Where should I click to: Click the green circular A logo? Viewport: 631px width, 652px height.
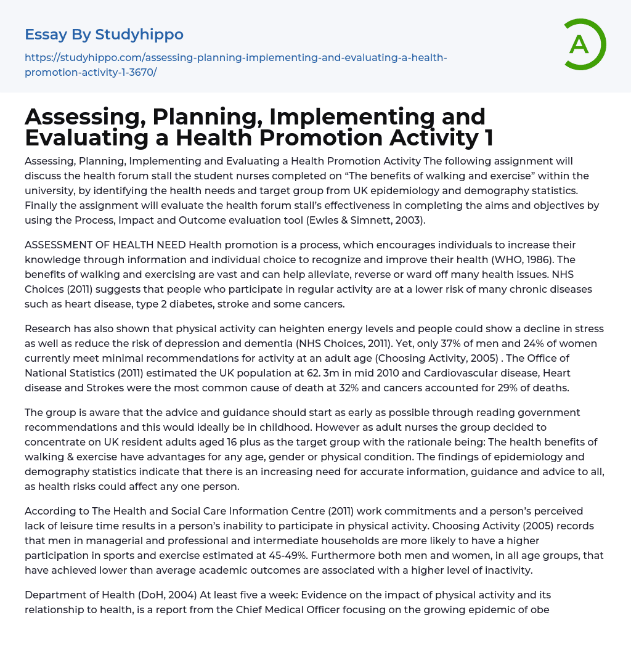pyautogui.click(x=580, y=44)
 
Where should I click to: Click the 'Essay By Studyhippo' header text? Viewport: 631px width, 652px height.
pyautogui.click(x=104, y=34)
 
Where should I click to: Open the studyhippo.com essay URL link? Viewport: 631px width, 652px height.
pyautogui.click(x=235, y=65)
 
